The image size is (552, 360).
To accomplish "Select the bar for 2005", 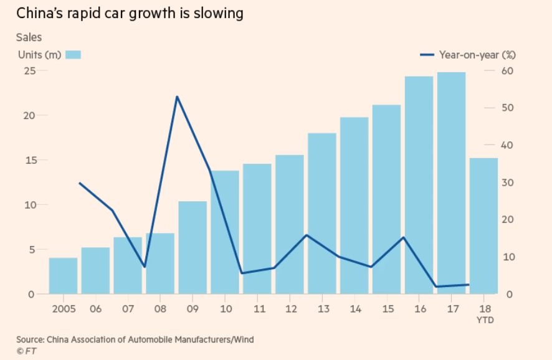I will click(64, 276).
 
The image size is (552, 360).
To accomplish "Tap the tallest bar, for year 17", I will click(451, 183).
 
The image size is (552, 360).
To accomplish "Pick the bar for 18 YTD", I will click(483, 225).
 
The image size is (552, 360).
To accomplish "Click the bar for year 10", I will click(225, 232).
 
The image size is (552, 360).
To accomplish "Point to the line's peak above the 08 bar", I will click(177, 97).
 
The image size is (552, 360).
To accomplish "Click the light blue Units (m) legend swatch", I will click(74, 54).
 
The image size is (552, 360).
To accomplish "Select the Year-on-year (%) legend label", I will click(477, 55).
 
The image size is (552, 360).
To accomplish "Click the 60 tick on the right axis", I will click(508, 70).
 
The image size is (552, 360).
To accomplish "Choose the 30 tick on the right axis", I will click(508, 182).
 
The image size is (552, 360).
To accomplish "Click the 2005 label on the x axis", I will click(64, 309).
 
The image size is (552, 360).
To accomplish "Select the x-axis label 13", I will click(322, 309).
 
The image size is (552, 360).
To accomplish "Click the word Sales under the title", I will click(29, 37).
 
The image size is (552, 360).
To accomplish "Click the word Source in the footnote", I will click(30, 339).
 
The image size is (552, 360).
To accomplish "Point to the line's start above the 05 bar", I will click(80, 183).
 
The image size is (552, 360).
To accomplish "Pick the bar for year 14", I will click(354, 206).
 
